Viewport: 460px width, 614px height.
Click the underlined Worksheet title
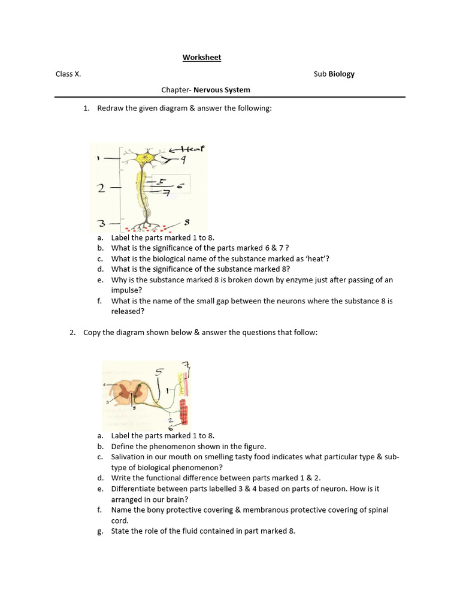click(202, 58)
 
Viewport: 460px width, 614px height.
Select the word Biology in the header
click(341, 74)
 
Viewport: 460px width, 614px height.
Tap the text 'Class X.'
click(68, 74)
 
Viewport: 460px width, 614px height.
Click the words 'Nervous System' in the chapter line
click(222, 90)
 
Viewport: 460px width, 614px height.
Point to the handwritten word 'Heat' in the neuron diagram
click(190, 149)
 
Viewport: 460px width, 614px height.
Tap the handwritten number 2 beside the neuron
click(101, 188)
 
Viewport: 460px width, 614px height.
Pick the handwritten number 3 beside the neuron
click(101, 224)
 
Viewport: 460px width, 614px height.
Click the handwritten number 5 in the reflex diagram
click(159, 372)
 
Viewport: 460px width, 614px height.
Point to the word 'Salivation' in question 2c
click(129, 457)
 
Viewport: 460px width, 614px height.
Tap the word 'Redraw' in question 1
click(110, 108)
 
